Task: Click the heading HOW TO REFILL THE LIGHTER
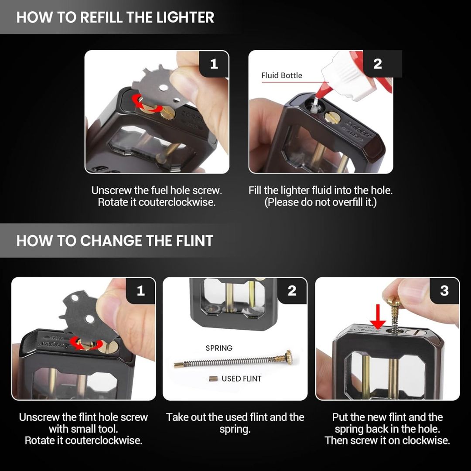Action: point(115,17)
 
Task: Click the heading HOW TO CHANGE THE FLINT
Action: point(115,241)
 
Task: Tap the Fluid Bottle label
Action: point(281,75)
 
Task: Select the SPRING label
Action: point(219,348)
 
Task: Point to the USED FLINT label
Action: point(242,379)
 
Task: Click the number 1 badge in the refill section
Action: point(214,64)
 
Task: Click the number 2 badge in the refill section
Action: point(378,64)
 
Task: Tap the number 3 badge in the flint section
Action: point(444,290)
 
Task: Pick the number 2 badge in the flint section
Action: point(292,290)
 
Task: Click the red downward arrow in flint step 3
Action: point(378,317)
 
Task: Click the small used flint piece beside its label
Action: point(213,379)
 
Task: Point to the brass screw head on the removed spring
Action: point(288,357)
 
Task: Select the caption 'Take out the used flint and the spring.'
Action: point(235,423)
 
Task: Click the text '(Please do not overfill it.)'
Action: point(320,202)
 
